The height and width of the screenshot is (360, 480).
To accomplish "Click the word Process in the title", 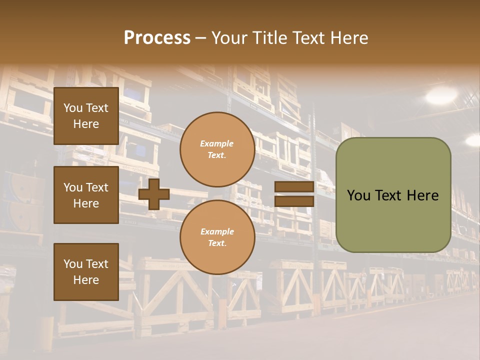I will pos(157,38).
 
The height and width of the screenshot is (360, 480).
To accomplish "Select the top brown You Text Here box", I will pos(86,116).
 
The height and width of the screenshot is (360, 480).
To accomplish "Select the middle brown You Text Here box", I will pos(86,195).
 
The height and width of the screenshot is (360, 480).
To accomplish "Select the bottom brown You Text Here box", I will pos(86,271).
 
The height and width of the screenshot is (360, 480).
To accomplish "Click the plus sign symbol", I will pos(154,194).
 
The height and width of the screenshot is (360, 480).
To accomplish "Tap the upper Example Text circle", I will pos(217,149).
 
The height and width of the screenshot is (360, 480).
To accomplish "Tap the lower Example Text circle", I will pos(217,237).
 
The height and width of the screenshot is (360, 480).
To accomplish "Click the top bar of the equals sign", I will pos(294,187).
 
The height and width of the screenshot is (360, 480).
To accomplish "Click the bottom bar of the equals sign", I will pos(294,201).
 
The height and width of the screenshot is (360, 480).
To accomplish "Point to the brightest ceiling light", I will pos(441,95).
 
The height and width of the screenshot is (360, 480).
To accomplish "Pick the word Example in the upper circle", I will pos(217,143).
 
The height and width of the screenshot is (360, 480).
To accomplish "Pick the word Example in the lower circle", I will pos(217,231).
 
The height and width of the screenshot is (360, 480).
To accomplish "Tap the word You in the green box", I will pos(359,195).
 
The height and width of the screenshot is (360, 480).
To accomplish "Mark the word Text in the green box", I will pos(388,195).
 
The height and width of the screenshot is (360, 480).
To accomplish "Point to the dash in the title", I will pos(201,38).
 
